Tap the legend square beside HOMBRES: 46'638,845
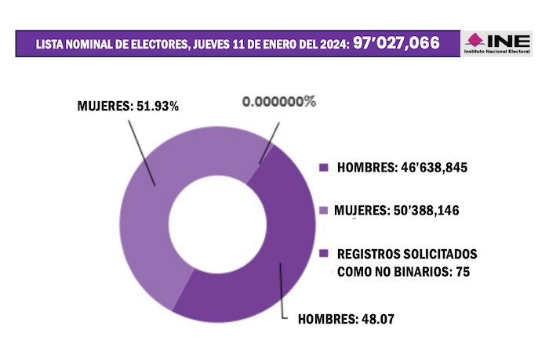coord(323,168)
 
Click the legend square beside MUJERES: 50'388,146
coord(323,210)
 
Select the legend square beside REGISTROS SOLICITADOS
coord(323,255)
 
